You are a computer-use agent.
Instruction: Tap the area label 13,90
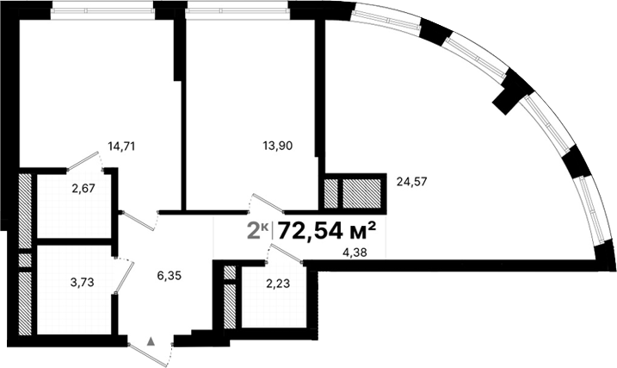(278, 146)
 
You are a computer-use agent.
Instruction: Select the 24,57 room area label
(412, 181)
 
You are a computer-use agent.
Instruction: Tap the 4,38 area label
(354, 252)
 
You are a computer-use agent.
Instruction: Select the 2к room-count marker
(256, 230)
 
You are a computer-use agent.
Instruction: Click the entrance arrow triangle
(151, 341)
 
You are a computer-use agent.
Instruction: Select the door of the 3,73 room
(124, 277)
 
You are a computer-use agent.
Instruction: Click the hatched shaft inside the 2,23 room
(230, 297)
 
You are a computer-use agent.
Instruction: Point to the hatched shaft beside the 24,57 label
(353, 191)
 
